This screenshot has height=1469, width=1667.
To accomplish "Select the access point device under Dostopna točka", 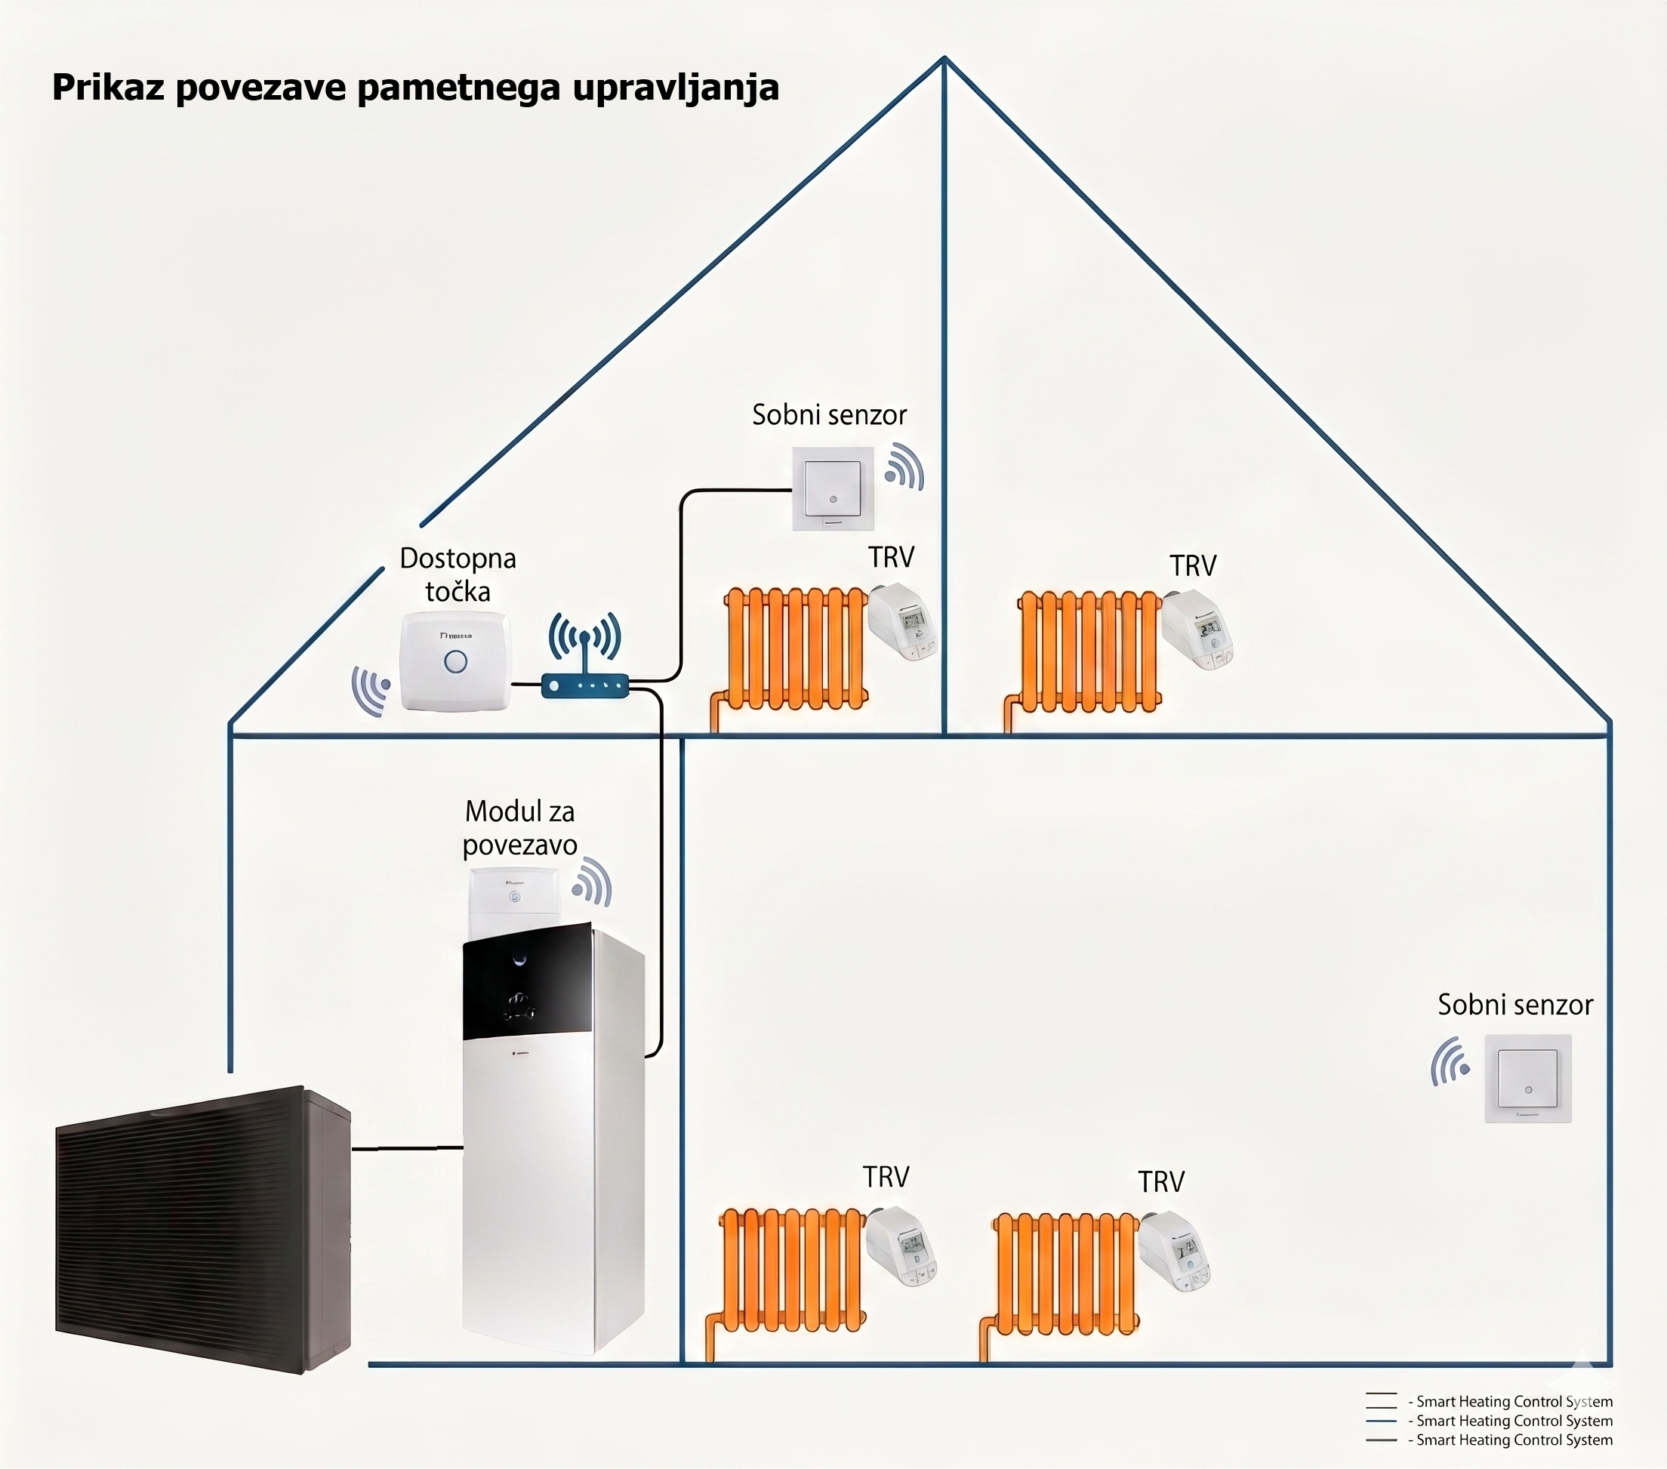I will tap(455, 661).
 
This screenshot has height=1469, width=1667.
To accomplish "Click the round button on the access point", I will tap(455, 661).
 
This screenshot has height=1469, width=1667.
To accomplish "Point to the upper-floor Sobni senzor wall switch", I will tap(833, 488).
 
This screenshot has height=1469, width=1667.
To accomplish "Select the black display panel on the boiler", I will tap(527, 982).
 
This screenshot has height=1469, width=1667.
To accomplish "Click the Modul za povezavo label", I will tap(519, 828).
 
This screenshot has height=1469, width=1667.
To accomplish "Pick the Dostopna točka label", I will tap(458, 575).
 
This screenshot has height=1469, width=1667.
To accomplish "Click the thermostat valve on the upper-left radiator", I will tap(902, 622).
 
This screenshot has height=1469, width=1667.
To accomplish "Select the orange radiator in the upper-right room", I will tap(1089, 651).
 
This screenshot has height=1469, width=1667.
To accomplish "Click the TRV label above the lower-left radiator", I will tap(886, 1177).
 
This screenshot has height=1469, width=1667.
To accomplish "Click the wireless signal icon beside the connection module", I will tap(593, 882).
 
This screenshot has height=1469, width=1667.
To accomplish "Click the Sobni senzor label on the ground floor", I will tap(1514, 1005).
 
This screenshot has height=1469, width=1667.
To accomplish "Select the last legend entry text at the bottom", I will tap(1514, 1440).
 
